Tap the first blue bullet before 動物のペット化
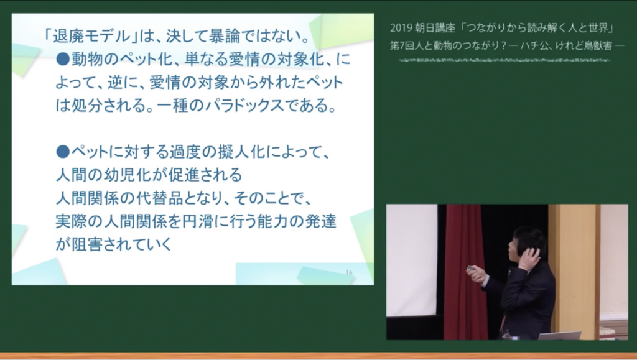[x=63, y=60]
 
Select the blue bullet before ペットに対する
[x=63, y=152]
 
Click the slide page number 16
[x=349, y=273]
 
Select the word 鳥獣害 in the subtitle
[x=598, y=45]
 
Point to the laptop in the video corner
[x=560, y=336]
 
